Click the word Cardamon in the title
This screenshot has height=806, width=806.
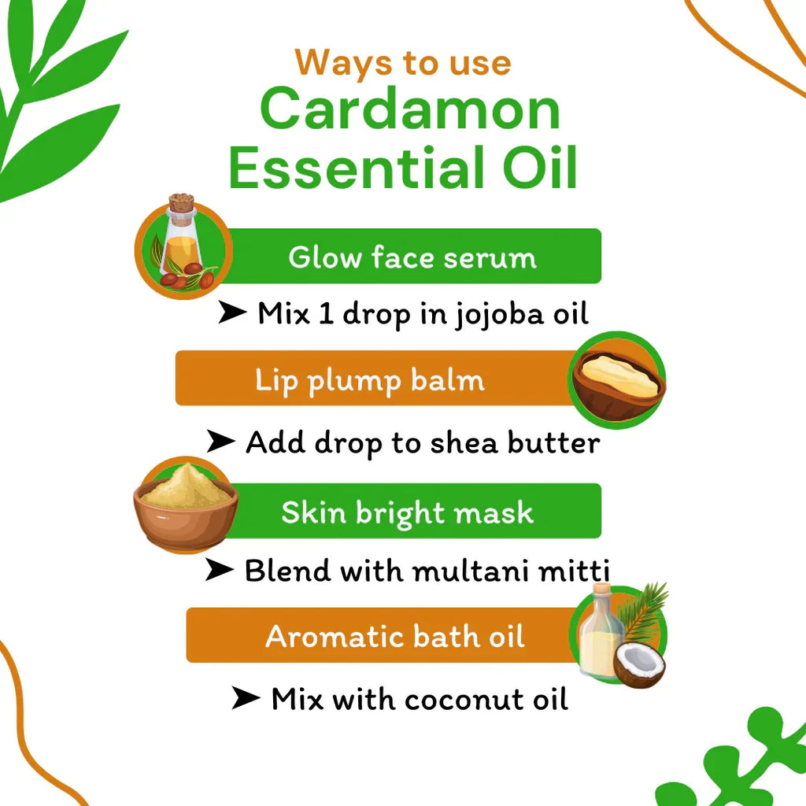[x=409, y=110]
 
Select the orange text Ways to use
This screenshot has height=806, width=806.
[x=403, y=62]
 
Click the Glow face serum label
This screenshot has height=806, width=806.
[x=412, y=257]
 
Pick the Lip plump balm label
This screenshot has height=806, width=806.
[x=369, y=380]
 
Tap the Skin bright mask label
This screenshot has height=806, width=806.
[x=407, y=512]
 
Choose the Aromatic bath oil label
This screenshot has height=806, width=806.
[x=395, y=636]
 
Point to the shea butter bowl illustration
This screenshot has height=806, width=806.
[x=619, y=382]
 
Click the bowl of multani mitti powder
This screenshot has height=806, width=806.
[x=186, y=505]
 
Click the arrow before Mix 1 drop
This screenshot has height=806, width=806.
[x=231, y=313]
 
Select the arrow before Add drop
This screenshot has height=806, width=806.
[x=220, y=442]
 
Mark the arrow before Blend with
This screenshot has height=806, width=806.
[x=219, y=570]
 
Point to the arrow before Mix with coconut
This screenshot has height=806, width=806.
[x=246, y=698]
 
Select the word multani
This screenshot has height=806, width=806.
[x=466, y=571]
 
